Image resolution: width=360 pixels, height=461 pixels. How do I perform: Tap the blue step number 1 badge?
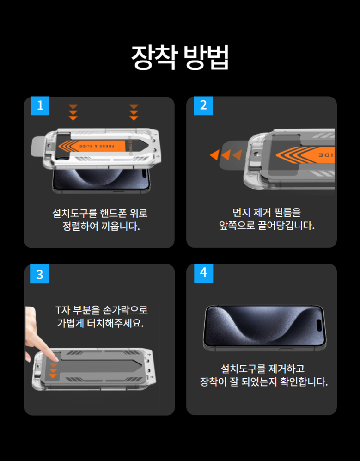40,105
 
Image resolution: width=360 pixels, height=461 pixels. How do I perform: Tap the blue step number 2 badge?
203,105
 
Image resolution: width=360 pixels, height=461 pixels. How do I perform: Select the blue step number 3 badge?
39,274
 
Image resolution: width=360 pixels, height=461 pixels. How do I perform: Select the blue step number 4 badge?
204,273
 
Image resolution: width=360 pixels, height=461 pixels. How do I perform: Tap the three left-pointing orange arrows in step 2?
226,155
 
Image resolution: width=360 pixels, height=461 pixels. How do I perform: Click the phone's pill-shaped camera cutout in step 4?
319,326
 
